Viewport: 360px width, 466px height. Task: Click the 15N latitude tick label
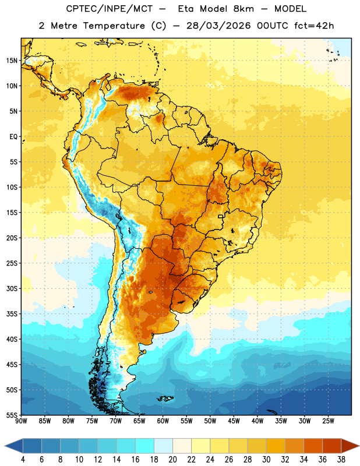tap(12, 61)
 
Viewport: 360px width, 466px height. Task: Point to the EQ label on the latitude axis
tap(13, 137)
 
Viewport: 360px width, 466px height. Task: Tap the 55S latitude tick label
tap(12, 415)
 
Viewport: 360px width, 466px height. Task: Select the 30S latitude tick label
tap(12, 288)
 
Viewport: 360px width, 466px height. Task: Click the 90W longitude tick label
tap(21, 421)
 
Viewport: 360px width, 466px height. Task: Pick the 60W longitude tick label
tap(163, 421)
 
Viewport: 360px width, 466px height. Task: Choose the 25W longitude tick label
tap(328, 421)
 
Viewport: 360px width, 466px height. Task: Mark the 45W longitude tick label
tap(234, 421)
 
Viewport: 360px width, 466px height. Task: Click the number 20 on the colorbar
tap(172, 460)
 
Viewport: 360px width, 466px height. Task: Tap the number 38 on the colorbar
tap(341, 460)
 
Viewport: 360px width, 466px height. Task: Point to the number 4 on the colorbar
tap(23, 460)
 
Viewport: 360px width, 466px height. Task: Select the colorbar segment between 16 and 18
tap(145, 446)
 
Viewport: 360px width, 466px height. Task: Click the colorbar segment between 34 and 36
tap(313, 446)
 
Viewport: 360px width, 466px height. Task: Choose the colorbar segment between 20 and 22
tap(182, 446)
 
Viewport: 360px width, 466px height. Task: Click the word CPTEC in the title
tap(80, 9)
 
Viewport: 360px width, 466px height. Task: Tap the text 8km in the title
tap(243, 9)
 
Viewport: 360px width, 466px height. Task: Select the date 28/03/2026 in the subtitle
tap(218, 26)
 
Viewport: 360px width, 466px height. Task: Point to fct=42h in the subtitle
tap(314, 26)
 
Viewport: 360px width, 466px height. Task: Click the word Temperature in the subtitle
tap(114, 26)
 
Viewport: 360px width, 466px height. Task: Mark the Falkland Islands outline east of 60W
tap(165, 398)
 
